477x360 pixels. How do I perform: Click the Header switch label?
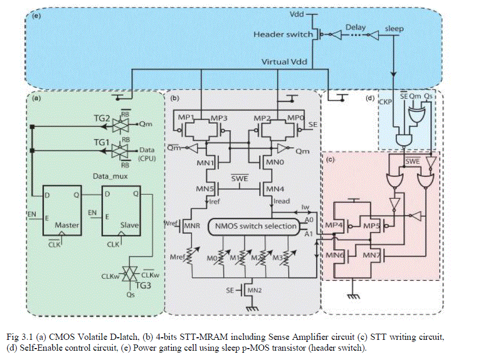284,34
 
